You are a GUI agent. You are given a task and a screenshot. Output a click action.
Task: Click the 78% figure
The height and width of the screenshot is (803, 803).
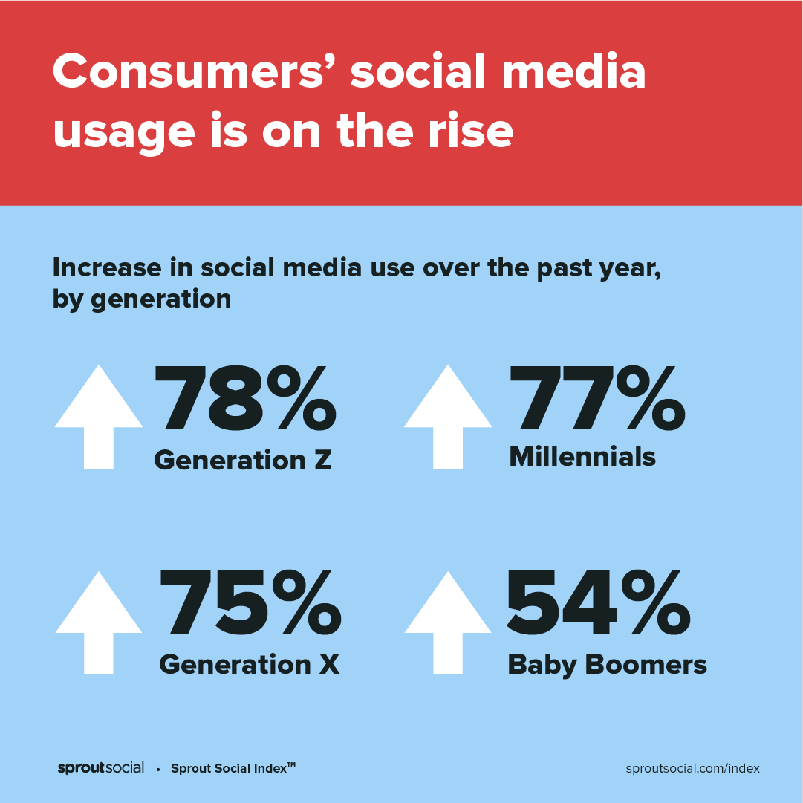click(245, 399)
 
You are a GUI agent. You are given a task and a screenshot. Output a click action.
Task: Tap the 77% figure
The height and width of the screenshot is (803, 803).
click(597, 399)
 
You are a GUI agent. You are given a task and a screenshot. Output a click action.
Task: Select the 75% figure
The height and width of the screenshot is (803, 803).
click(250, 605)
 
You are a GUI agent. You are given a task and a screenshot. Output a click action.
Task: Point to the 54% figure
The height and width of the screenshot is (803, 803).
click(599, 605)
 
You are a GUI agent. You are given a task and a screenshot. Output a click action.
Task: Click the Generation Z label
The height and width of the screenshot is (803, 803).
click(242, 461)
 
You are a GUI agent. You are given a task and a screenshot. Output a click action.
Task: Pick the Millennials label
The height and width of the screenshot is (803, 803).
click(582, 457)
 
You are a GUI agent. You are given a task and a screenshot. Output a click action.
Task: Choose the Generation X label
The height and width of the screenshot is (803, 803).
click(249, 663)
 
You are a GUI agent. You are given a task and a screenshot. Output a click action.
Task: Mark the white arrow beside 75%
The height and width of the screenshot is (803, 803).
click(99, 622)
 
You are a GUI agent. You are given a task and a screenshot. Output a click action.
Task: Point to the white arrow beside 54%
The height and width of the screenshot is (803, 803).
click(448, 622)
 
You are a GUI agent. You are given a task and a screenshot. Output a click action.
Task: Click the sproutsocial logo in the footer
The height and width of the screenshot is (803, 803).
click(101, 768)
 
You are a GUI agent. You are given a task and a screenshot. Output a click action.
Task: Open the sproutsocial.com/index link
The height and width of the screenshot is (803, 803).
click(693, 768)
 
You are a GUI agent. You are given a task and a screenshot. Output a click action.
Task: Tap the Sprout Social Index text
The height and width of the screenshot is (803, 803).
click(233, 768)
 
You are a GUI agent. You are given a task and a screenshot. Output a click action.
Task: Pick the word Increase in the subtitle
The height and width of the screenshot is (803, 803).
click(105, 268)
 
